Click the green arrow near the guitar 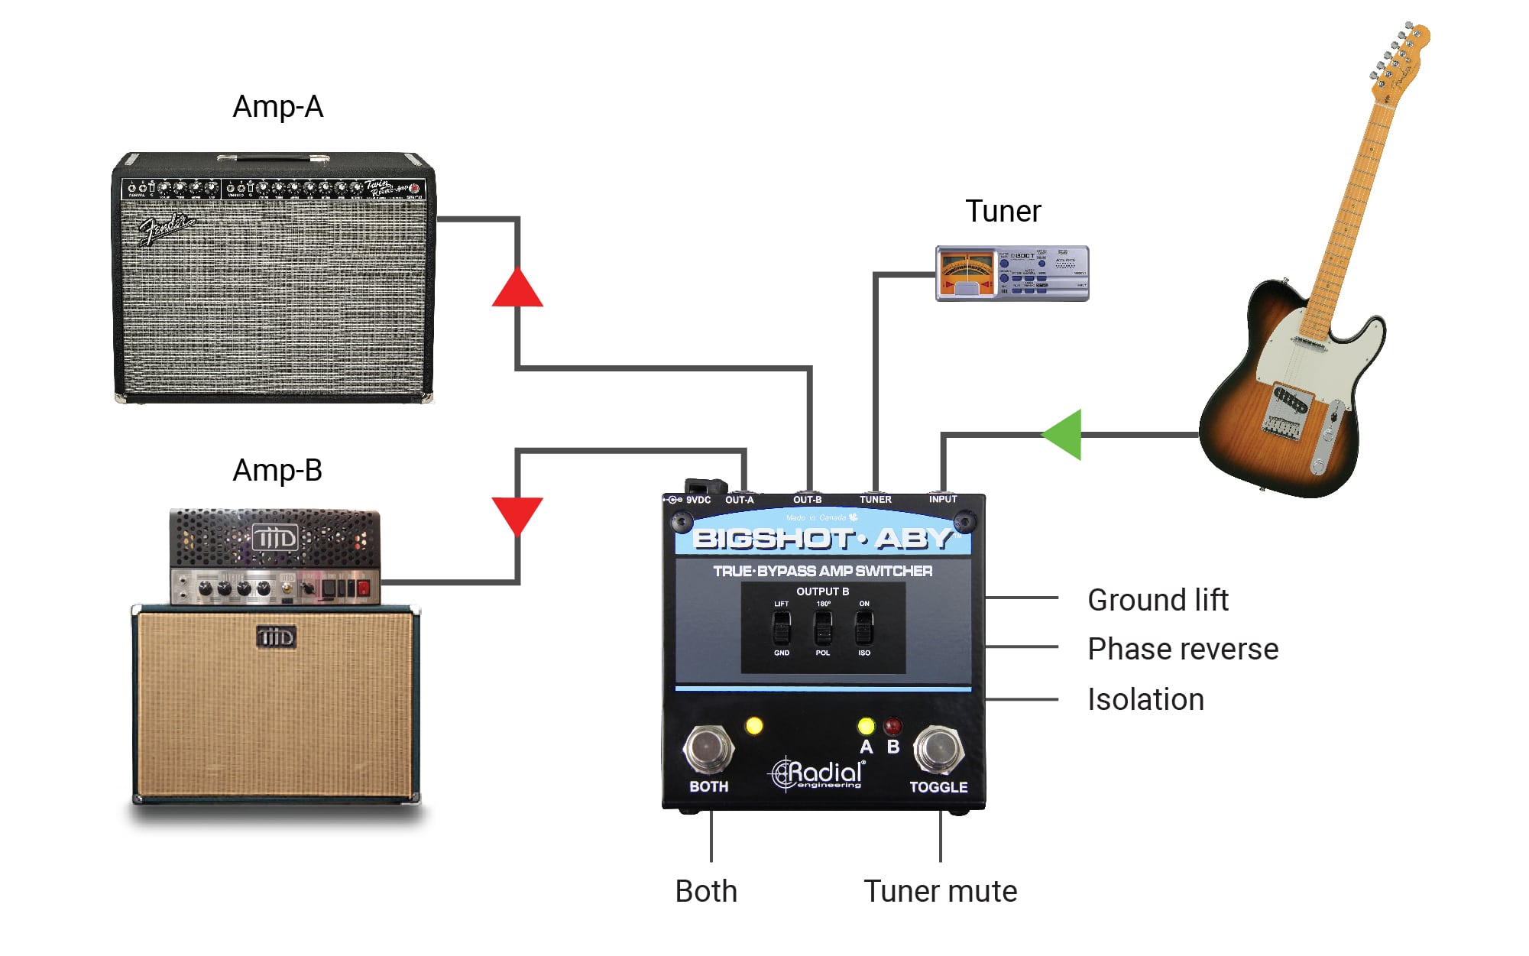point(1064,435)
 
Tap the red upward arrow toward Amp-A point(517,289)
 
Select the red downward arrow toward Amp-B point(517,514)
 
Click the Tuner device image point(1012,273)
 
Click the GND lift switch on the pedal point(781,629)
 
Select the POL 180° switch point(822,629)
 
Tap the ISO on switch point(863,629)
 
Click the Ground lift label point(1158,600)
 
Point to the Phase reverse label point(1182,649)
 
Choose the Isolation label point(1145,699)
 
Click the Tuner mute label point(940,891)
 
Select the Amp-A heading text point(277,107)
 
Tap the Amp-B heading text point(277,471)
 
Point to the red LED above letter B point(892,725)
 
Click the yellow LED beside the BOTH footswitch point(754,725)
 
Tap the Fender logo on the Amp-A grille point(166,228)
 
